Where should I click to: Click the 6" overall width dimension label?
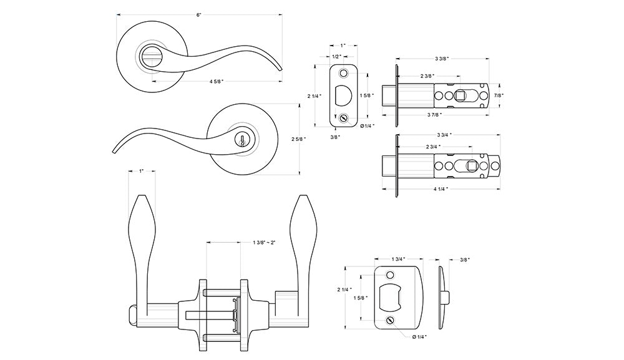[x=199, y=15]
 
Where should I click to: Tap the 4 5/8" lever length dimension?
[x=217, y=82]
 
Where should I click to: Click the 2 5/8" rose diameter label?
[x=298, y=139]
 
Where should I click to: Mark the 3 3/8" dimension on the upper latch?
[x=442, y=59]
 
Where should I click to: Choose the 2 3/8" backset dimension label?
[x=427, y=76]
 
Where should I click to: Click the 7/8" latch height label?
[x=499, y=95]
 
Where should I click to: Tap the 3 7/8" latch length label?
[x=434, y=115]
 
